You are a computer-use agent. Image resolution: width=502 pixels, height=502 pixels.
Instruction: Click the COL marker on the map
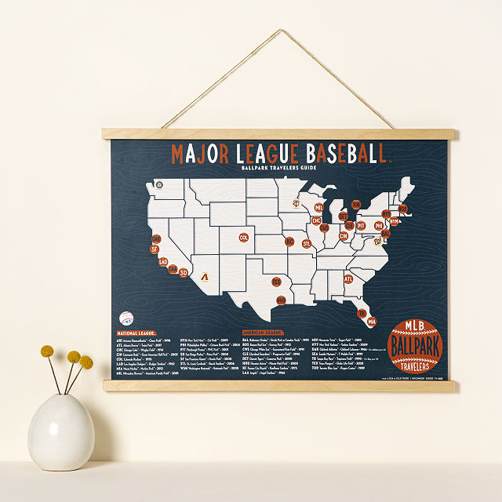(244, 237)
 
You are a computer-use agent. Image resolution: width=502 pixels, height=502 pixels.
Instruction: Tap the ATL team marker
(348, 278)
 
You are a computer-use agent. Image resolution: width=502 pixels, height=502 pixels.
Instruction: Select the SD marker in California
(184, 273)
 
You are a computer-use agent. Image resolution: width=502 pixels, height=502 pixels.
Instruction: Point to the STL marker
(307, 244)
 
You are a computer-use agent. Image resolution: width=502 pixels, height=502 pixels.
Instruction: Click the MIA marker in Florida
(372, 321)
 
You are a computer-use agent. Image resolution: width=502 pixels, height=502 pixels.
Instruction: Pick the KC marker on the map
(289, 241)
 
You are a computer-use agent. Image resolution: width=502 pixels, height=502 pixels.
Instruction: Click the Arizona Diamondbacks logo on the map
(205, 278)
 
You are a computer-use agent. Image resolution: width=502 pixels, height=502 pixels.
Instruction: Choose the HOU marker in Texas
(281, 300)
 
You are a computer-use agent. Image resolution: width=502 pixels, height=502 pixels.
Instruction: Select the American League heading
(263, 332)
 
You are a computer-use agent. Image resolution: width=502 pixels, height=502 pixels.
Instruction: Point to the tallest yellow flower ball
(47, 351)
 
